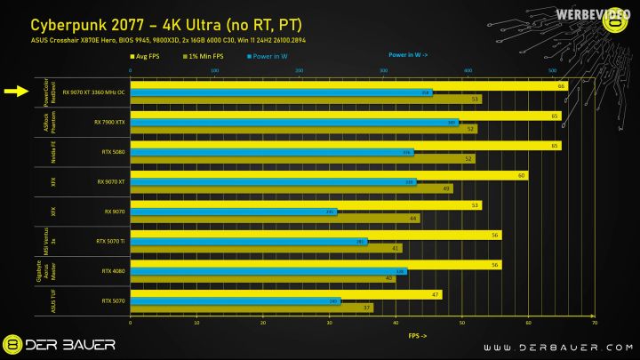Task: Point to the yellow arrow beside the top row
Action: [16, 91]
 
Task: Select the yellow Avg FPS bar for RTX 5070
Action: [284, 294]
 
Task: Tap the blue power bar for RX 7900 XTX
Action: [293, 123]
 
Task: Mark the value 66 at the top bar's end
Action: [562, 86]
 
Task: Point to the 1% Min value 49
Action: [446, 188]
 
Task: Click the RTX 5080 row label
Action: [114, 152]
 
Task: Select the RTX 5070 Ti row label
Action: [111, 241]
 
